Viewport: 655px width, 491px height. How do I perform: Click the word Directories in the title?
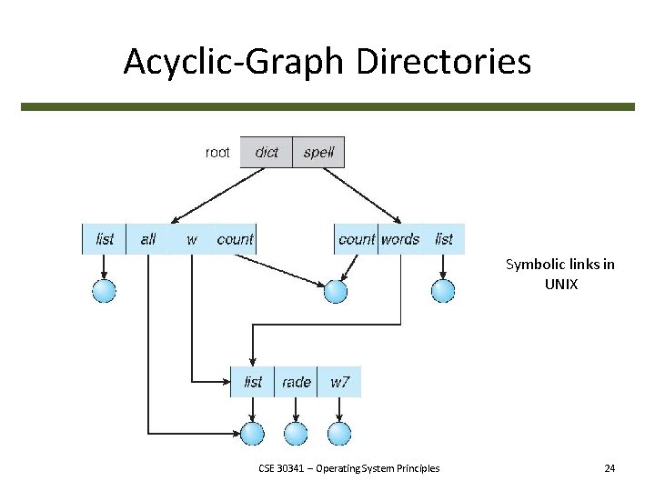444,62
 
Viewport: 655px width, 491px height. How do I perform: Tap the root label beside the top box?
217,152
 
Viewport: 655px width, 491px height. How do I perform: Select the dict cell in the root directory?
267,152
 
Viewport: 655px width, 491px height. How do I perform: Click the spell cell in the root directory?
319,152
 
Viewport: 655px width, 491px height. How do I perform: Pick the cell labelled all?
148,239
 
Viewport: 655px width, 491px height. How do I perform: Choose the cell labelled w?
192,239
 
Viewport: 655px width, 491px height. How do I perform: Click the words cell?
400,239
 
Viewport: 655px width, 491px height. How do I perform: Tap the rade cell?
297,382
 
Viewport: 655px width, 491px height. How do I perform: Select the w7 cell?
339,382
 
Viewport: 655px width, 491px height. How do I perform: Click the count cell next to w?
235,239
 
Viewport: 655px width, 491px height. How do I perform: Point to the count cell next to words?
356,239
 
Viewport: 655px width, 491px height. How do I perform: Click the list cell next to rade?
253,382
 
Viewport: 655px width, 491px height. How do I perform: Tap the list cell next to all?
105,239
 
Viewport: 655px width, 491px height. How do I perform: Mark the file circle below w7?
339,434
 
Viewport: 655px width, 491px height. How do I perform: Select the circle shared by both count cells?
336,291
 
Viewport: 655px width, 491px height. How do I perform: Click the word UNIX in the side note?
559,284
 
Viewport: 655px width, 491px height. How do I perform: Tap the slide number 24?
610,468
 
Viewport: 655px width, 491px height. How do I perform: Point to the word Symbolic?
535,265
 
